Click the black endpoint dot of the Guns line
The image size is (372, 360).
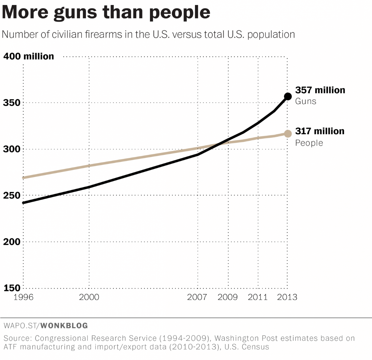[x=288, y=96]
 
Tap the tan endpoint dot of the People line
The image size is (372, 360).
[x=288, y=134]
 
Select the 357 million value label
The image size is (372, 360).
[x=320, y=90]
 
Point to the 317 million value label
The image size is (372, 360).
[x=320, y=131]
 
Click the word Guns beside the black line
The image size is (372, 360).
[x=306, y=101]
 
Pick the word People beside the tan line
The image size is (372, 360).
[x=309, y=143]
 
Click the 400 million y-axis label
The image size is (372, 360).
[x=29, y=56]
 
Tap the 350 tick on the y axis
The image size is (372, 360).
[x=10, y=103]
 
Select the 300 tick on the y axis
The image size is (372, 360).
[x=10, y=149]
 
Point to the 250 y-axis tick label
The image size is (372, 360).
[x=10, y=195]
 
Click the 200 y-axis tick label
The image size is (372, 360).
[x=10, y=242]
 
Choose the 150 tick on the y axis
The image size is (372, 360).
[x=10, y=288]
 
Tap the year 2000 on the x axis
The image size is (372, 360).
[x=89, y=297]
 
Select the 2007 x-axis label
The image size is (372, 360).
[x=198, y=297]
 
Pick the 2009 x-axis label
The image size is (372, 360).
[x=228, y=297]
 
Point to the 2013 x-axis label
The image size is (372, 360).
[x=287, y=297]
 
